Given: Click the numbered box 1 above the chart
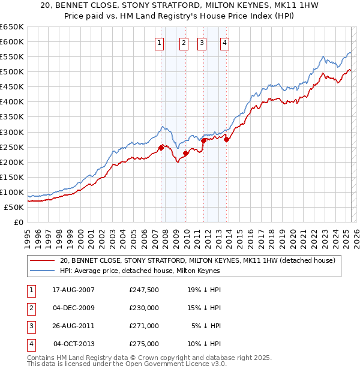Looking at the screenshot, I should click(x=160, y=43).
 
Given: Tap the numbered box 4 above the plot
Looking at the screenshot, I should click(x=224, y=43).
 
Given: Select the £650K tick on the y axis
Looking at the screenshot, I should click(x=12, y=27).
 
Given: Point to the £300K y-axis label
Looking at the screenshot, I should click(x=12, y=132).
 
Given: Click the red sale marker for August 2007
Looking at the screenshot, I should click(x=161, y=147).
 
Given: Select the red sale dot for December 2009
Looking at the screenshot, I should click(x=186, y=152).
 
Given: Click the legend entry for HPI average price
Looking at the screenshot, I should click(x=140, y=271).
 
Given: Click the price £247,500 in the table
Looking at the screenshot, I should click(x=144, y=290).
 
